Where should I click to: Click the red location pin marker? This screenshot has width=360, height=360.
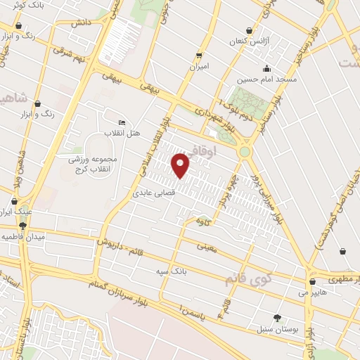(x=181, y=166)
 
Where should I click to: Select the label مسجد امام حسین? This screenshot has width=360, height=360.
(x=267, y=80)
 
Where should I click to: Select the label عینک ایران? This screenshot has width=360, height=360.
(x=15, y=211)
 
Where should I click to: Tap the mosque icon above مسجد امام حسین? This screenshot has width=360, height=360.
(x=267, y=69)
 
